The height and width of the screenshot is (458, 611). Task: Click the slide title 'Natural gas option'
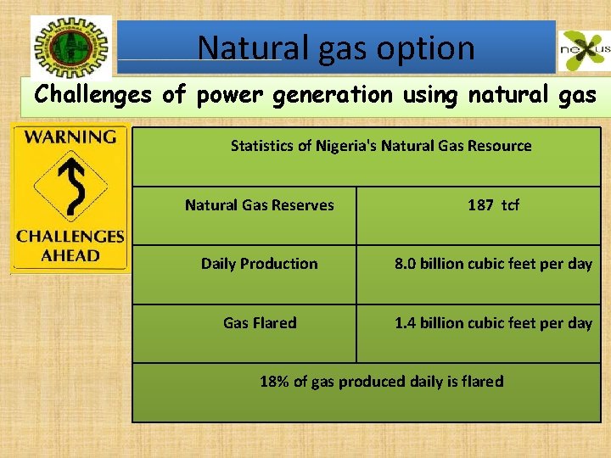[336, 47]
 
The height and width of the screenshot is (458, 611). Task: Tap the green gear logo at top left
[71, 47]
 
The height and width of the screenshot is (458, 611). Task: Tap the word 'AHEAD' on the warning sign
[70, 255]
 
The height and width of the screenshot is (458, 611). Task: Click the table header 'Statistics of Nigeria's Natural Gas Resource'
[381, 146]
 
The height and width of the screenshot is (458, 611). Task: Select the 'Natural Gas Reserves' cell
[259, 204]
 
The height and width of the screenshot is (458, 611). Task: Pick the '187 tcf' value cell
[493, 204]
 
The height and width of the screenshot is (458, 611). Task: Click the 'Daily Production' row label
[259, 264]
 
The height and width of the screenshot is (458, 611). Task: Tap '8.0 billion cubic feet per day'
[493, 264]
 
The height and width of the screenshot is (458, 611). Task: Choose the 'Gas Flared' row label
[259, 323]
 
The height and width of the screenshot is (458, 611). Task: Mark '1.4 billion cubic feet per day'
[493, 323]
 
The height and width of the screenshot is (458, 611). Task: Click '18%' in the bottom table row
[274, 382]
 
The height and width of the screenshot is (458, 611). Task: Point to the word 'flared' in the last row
[483, 382]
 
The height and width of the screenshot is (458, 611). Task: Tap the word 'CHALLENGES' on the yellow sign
[70, 237]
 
